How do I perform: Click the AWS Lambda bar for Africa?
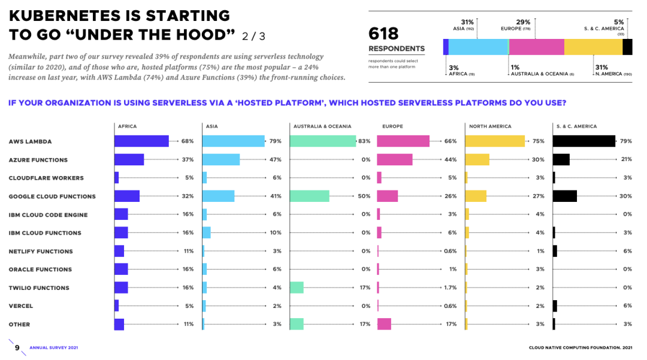click(x=141, y=141)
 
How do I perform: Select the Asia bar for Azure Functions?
click(x=221, y=160)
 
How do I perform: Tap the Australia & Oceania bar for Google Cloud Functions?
click(x=309, y=196)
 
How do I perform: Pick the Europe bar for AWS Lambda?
click(x=403, y=141)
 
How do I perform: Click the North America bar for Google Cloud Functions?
click(x=476, y=196)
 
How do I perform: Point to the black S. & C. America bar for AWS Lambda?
click(x=583, y=141)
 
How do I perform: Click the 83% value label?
click(x=364, y=141)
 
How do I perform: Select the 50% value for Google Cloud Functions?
click(x=364, y=196)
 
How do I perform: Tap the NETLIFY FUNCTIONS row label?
click(x=41, y=252)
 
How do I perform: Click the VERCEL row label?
click(x=21, y=306)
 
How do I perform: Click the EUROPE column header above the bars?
click(x=392, y=126)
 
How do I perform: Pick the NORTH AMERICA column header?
click(x=491, y=126)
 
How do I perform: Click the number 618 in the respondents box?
click(x=383, y=33)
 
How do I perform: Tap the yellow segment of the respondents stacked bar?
click(x=593, y=47)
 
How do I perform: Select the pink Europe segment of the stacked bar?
click(x=537, y=47)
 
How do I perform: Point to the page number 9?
click(x=17, y=347)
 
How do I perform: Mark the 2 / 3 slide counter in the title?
click(x=253, y=36)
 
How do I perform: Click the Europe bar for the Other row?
click(x=384, y=325)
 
